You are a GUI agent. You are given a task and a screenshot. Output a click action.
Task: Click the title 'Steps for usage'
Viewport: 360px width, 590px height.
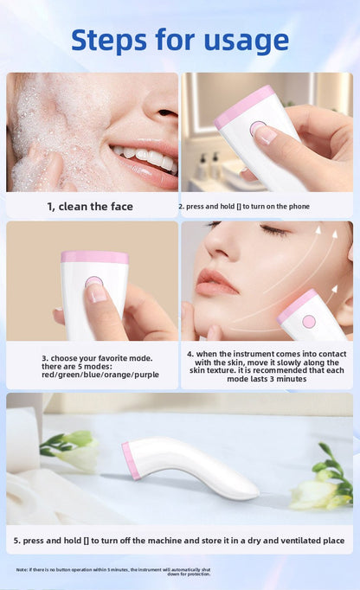pyautogui.click(x=180, y=40)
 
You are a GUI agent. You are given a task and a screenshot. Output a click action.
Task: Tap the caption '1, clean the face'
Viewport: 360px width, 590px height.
pyautogui.click(x=90, y=207)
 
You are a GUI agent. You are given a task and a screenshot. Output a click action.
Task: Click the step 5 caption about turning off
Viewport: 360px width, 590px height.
pyautogui.click(x=179, y=540)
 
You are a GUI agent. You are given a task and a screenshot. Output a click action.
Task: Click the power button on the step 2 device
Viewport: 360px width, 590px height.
pyautogui.click(x=258, y=129)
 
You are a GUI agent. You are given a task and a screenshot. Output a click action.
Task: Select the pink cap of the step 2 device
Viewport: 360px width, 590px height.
pyautogui.click(x=243, y=106)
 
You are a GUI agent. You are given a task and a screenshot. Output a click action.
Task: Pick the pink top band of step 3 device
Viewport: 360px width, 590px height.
pyautogui.click(x=94, y=257)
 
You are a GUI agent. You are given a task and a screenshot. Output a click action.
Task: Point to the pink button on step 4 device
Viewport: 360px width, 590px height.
pyautogui.click(x=309, y=321)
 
